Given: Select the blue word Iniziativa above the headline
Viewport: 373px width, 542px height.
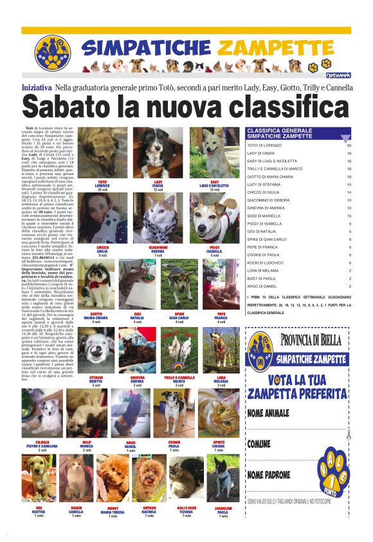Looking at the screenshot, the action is tap(37, 87).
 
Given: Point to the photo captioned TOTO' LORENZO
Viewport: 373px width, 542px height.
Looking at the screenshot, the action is tap(102, 154).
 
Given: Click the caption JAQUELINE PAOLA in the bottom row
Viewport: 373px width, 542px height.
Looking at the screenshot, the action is tap(223, 512).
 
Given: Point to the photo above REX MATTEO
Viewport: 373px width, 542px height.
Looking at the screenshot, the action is tap(39, 482).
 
